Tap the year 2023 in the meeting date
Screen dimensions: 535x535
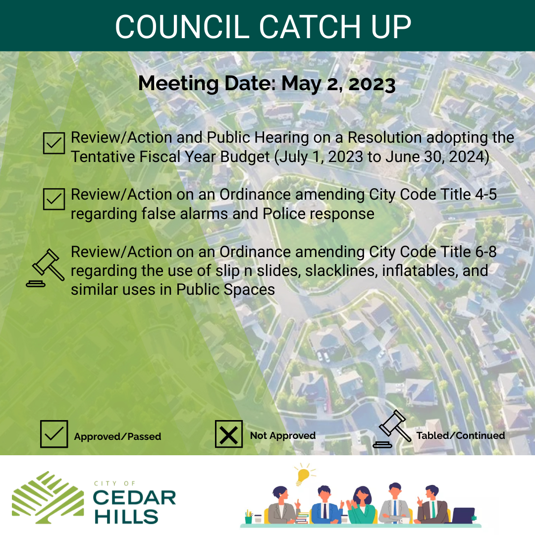pos(372,84)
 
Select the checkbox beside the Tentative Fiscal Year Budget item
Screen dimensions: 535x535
pos(53,143)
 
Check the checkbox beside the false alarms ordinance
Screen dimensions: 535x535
pos(53,199)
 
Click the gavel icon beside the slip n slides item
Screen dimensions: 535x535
pos(46,268)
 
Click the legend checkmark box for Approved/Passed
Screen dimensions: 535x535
pos(53,434)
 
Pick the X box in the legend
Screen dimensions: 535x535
pos(228,434)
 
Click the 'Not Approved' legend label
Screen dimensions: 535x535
pos(283,436)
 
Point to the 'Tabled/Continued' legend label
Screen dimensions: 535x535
pos(461,436)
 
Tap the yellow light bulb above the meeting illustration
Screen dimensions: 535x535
pos(303,475)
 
